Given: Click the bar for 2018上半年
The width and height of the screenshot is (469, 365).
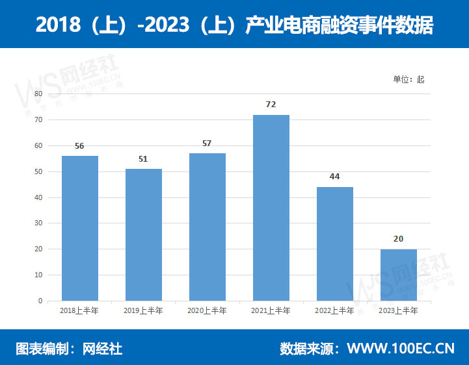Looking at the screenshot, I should pos(79,228).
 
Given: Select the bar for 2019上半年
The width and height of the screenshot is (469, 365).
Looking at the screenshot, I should pos(143,234).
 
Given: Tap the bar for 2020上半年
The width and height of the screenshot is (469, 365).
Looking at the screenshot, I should pos(207,227).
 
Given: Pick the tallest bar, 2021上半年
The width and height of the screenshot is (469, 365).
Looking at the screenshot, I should pos(271,208).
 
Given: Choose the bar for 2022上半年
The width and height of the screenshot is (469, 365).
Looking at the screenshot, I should pos(334,244).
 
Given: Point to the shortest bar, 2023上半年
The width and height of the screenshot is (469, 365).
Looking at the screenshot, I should pos(398,275).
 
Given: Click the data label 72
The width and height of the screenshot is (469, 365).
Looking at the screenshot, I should pos(271,104).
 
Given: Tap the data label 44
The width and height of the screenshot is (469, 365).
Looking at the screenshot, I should pos(334,177).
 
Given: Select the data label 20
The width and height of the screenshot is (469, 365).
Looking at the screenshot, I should pos(398,239).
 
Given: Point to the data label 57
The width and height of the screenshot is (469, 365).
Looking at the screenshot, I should pos(207,143).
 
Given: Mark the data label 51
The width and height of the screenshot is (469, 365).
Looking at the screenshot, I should pos(143,158).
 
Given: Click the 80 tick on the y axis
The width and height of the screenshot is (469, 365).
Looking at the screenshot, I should pos(38,94).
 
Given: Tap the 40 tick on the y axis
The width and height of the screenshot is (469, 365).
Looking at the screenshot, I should pos(38,197).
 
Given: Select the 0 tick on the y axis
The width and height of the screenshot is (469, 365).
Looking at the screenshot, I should pos(40,301).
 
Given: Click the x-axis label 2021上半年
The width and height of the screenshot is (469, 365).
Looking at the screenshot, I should pos(271,310).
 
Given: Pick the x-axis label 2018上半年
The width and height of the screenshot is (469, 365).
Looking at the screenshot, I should pos(79,310).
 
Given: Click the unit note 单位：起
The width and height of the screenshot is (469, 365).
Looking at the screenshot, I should pos(409,79).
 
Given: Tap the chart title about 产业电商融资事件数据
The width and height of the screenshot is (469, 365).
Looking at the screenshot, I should pos(234,25).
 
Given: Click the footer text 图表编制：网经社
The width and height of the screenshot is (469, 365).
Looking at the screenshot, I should pos(68,349).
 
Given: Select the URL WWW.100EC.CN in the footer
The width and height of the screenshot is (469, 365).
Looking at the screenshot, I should pos(401,349).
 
